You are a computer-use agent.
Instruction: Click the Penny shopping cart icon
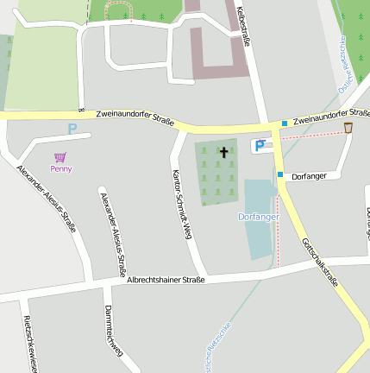60,157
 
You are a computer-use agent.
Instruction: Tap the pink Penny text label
61,168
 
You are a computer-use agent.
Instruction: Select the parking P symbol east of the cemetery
259,146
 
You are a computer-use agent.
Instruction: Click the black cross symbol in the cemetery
224,153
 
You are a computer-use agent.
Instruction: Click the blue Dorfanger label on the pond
258,217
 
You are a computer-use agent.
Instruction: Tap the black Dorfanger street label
310,176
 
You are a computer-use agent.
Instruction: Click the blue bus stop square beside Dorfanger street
280,174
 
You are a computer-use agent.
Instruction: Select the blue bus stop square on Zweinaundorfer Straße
285,123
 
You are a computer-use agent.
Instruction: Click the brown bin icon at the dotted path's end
348,128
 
